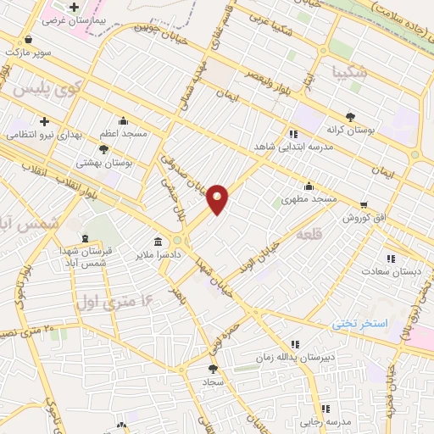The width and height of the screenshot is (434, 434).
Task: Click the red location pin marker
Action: coord(218,198)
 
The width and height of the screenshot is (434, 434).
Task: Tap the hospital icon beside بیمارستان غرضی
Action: coord(75,8)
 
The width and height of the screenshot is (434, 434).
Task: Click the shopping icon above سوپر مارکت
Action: coord(29,39)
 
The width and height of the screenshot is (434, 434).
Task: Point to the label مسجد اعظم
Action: coord(124,133)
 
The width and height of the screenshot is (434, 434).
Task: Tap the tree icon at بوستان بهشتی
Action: coord(104,149)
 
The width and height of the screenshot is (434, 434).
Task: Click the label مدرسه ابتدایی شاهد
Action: coord(293,146)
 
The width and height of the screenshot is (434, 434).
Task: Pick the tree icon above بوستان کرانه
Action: coord(350,117)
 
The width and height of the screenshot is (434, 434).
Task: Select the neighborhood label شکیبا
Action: coord(351,73)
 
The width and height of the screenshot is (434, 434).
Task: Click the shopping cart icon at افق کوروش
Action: coord(364,205)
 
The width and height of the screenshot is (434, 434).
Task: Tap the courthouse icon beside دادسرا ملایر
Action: coord(157,240)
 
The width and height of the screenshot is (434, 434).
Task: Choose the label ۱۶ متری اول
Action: coord(117,300)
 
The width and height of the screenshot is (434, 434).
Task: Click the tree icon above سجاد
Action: coord(213,369)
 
